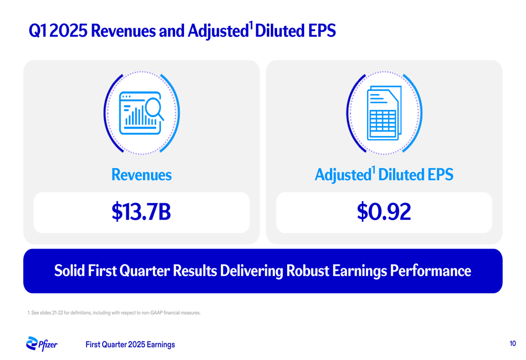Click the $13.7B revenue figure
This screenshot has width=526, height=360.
[141, 212]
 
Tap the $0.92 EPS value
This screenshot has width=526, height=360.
[384, 212]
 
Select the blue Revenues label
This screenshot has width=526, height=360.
[141, 174]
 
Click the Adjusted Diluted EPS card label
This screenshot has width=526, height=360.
[384, 174]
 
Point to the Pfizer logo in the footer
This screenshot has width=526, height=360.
[42, 344]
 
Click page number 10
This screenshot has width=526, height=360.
[512, 344]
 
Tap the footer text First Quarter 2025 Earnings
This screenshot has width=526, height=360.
[130, 345]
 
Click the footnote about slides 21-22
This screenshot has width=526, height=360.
[114, 313]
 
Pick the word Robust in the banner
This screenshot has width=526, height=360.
[308, 271]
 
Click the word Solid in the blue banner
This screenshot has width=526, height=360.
[69, 271]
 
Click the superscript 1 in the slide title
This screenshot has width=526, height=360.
[250, 25]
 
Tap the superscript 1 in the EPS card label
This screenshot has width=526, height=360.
[373, 170]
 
